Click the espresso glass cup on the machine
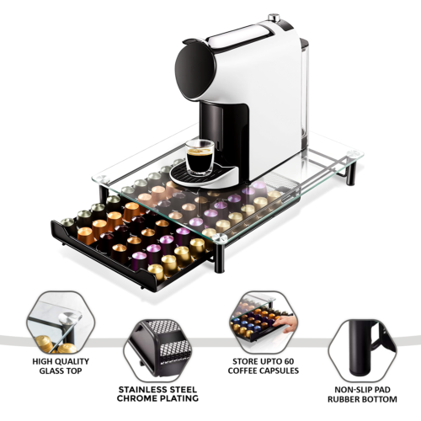[200, 158]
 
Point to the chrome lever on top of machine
[272, 19]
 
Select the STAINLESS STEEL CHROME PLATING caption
[157, 394]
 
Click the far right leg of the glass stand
[351, 174]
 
